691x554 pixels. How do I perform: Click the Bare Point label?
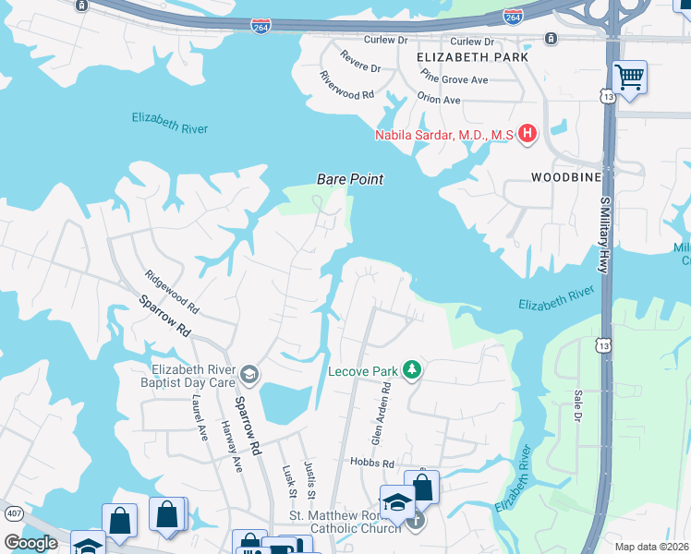(349, 179)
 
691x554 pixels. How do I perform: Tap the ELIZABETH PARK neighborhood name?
(472, 57)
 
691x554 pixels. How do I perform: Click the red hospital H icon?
(527, 135)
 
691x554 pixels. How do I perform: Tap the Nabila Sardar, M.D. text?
(442, 136)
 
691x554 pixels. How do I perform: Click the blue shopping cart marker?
(629, 77)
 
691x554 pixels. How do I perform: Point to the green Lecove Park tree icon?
(412, 371)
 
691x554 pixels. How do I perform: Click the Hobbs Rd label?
(371, 463)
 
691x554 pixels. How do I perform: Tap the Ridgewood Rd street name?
(172, 290)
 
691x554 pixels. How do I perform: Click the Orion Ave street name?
(439, 100)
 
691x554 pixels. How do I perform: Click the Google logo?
(30, 543)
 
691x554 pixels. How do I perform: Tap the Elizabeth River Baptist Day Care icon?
(249, 374)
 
